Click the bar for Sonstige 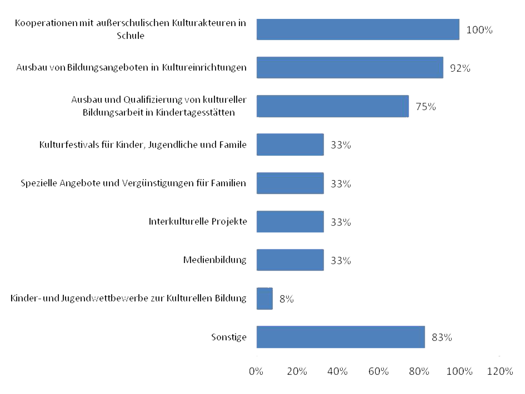point(341,337)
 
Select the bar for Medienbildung point(290,260)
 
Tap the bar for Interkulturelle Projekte point(290,221)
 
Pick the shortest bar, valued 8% point(264,298)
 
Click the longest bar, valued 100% point(358,29)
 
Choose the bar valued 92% point(350,67)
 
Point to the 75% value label point(426,106)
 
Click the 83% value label point(442,337)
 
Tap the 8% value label point(286,299)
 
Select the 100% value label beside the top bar point(479,30)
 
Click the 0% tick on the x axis point(256,371)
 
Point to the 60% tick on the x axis point(378,371)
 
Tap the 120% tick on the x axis point(500,371)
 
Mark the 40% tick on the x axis point(337,371)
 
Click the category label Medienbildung point(215,260)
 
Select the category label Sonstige point(229,337)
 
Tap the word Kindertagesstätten point(195,112)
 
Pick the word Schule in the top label point(131,36)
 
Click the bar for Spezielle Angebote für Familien point(290,183)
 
